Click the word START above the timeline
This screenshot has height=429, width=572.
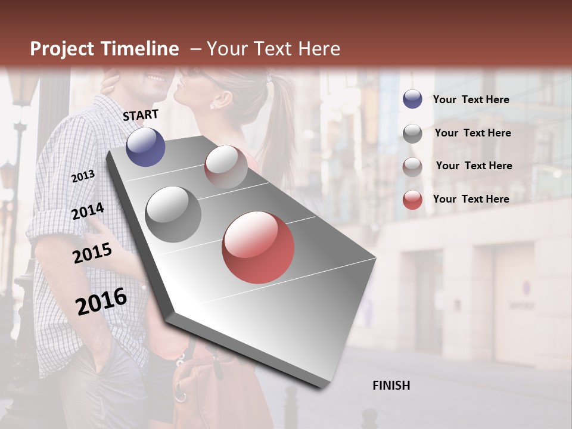pos(141,115)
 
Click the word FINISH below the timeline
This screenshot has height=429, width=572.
pos(391,386)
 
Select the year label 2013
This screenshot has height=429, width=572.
pos(83,176)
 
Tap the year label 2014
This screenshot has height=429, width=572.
pos(88,211)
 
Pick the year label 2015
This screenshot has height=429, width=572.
pos(92,254)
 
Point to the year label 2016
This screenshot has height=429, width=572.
pos(101,301)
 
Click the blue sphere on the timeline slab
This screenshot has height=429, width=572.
pos(146,147)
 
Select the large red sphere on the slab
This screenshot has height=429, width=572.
pos(258,247)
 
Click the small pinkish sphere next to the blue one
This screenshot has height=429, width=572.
pos(226,167)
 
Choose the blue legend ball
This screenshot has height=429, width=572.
pos(412,100)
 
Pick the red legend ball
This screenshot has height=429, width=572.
pos(412,199)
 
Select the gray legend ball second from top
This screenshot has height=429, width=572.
pos(412,133)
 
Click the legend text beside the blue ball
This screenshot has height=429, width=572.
pos(471,100)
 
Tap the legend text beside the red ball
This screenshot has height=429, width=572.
pos(471,199)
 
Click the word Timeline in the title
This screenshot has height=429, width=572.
pos(136,49)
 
